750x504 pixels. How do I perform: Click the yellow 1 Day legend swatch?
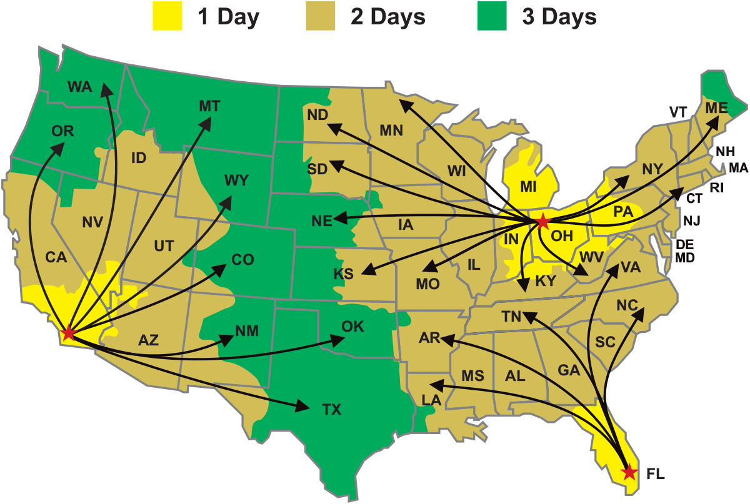(x=167, y=17)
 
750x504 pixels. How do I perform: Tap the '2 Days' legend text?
(x=387, y=17)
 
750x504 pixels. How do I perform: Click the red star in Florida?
(x=629, y=472)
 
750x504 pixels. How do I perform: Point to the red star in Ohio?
(x=542, y=220)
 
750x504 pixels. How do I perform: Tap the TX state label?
(x=332, y=410)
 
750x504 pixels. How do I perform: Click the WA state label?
(x=79, y=87)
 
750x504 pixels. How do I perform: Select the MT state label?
(x=209, y=106)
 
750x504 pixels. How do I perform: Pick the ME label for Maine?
(x=716, y=108)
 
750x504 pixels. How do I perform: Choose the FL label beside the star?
(x=656, y=475)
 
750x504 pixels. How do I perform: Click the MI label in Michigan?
(x=529, y=187)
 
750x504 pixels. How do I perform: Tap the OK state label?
(x=352, y=327)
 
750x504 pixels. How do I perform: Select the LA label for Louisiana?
(x=432, y=400)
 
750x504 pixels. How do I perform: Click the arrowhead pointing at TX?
(x=303, y=407)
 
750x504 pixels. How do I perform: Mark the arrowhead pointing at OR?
(x=59, y=147)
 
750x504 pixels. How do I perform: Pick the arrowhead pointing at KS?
(x=367, y=272)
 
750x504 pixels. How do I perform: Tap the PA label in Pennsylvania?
(x=623, y=212)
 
